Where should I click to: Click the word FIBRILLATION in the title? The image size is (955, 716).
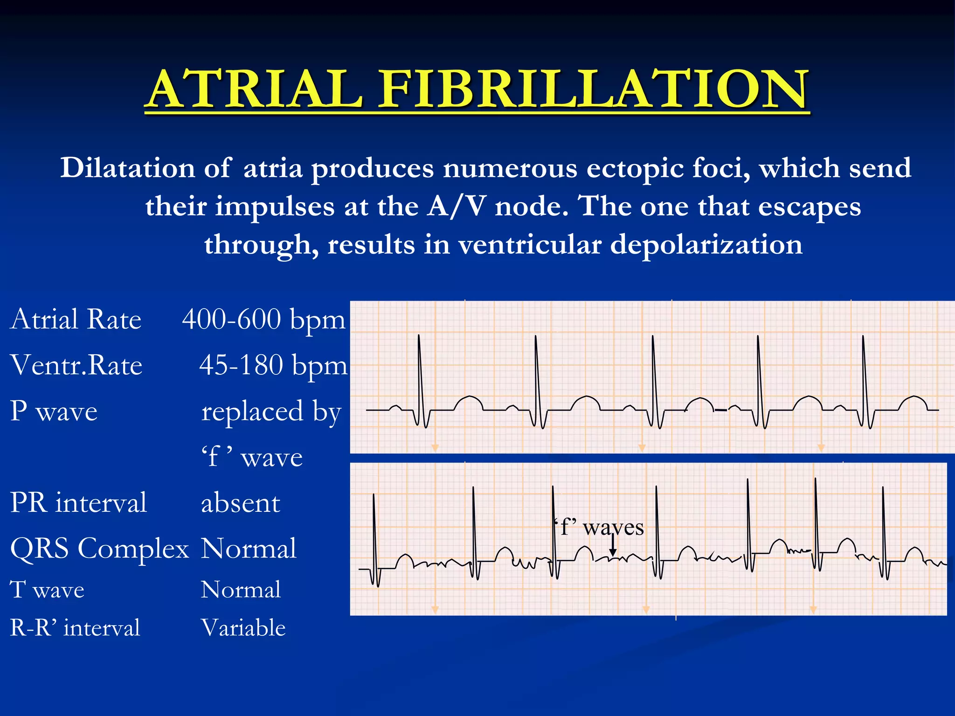click(x=592, y=89)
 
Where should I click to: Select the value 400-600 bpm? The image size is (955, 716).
click(x=263, y=320)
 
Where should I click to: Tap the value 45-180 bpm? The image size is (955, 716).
click(x=273, y=365)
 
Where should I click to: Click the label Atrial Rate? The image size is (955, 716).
click(x=76, y=320)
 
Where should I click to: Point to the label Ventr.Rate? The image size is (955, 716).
click(x=76, y=365)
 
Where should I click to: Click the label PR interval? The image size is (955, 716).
click(x=78, y=503)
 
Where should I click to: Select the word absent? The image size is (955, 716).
click(x=240, y=503)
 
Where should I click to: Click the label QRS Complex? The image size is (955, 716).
click(x=99, y=548)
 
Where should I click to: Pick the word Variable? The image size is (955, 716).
click(x=243, y=628)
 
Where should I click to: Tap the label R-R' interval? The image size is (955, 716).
click(x=75, y=628)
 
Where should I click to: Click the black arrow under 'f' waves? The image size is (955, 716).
click(x=613, y=546)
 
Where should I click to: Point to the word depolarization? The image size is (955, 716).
click(x=706, y=244)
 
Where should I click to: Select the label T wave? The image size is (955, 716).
click(x=47, y=590)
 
